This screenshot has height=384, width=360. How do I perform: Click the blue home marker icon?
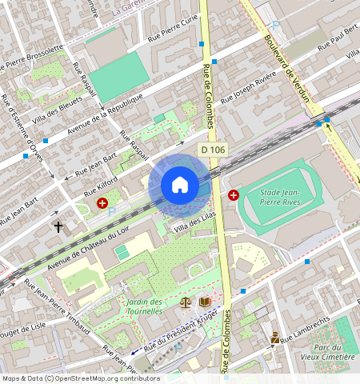pos(180,185)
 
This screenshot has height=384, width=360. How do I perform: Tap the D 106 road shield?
pos(213,150)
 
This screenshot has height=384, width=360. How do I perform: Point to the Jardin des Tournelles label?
pos(144,306)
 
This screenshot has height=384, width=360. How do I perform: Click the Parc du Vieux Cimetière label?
pos(334,352)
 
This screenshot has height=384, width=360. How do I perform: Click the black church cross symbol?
pos(58,227)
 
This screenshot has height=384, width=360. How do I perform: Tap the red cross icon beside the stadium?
pos(234,194)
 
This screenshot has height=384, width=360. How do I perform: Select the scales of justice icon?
pos(186,302)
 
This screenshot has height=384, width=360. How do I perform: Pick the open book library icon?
pos(206,302)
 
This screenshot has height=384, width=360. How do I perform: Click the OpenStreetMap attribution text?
pos(80,378)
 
